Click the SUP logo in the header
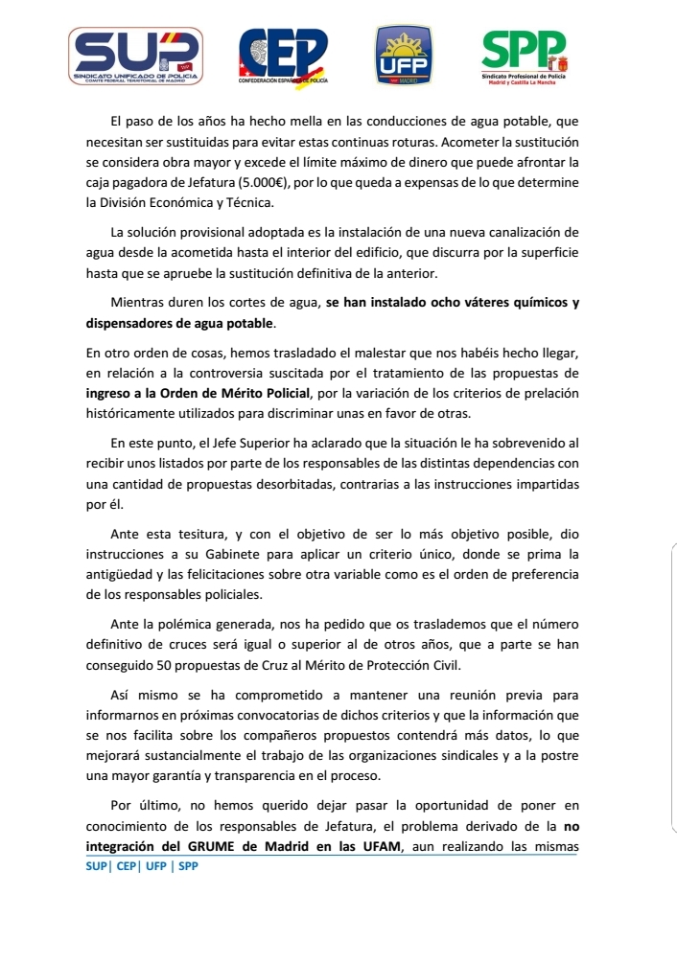click(133, 55)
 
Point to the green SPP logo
click(524, 55)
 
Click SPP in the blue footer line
click(188, 865)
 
